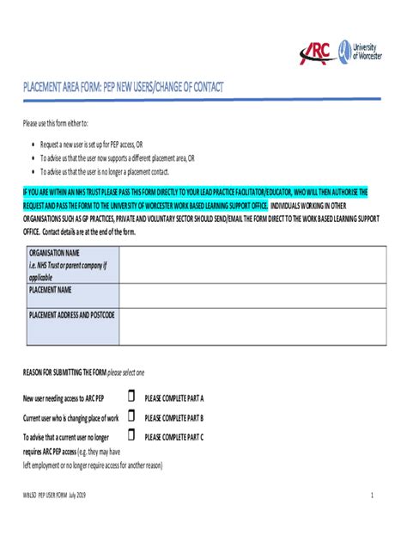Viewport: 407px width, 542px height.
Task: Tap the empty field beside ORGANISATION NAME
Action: (x=252, y=265)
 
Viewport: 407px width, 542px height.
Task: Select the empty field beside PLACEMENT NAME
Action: (x=252, y=296)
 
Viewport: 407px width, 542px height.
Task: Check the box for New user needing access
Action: (x=131, y=397)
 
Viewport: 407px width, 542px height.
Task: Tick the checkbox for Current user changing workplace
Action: (x=131, y=416)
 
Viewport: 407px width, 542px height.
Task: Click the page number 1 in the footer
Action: (x=372, y=496)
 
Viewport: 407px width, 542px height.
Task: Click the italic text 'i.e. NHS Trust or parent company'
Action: (x=68, y=266)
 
